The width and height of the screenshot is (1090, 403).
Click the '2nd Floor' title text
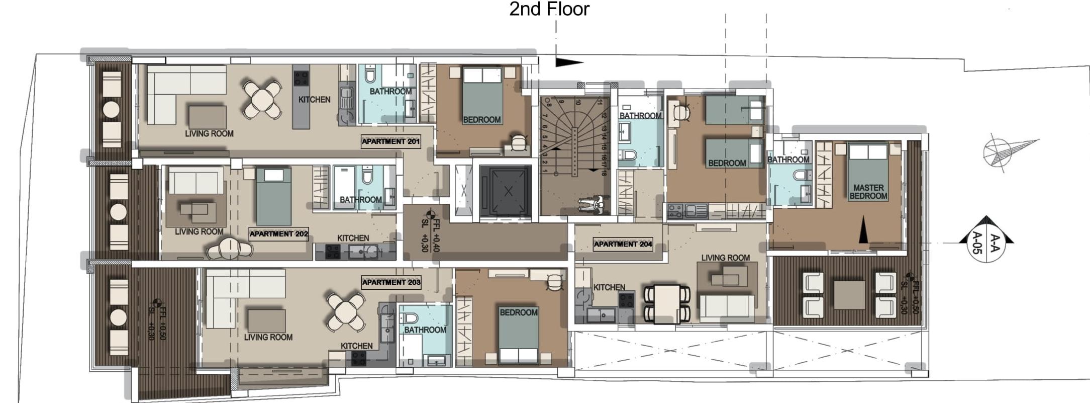549,9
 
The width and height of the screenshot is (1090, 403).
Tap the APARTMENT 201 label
390,141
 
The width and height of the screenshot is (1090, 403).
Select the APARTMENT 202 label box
278,234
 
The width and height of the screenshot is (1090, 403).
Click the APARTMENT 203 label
391,282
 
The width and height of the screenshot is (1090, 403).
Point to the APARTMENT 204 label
623,245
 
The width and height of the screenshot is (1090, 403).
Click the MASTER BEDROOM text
868,192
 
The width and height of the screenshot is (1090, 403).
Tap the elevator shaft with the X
505,191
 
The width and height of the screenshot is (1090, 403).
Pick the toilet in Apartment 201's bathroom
370,75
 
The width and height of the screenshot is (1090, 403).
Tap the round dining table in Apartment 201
262,99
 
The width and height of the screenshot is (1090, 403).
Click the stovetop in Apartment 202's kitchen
332,251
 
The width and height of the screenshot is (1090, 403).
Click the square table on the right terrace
849,295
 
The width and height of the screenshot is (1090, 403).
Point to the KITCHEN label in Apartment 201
314,100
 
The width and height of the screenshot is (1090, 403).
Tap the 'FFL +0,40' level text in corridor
436,236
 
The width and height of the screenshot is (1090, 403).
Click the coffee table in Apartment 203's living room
266,320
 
